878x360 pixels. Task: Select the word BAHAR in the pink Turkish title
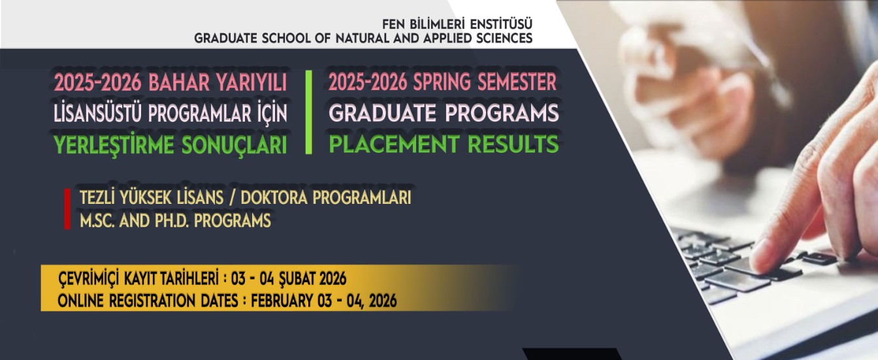[x=174, y=83]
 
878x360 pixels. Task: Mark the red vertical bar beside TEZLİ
[x=67, y=209]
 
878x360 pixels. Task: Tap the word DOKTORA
[x=280, y=198]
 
